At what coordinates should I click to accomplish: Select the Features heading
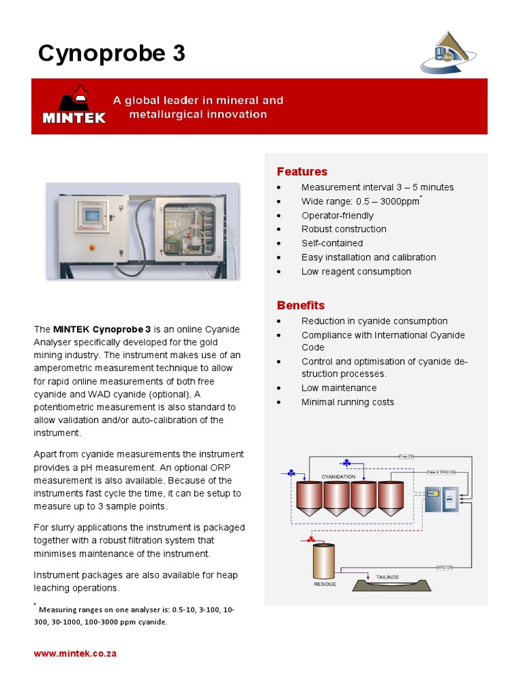[302, 172]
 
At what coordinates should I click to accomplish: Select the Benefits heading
[301, 305]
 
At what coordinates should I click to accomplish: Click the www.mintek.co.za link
[75, 654]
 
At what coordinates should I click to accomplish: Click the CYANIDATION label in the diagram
[339, 476]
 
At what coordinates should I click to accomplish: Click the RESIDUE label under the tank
[324, 584]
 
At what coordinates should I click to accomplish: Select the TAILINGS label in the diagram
[387, 577]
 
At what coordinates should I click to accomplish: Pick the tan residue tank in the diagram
[324, 560]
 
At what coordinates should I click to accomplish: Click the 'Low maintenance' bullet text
[339, 388]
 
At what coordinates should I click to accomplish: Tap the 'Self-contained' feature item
[332, 243]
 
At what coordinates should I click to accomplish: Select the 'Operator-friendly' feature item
[337, 216]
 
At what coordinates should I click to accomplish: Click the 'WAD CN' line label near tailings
[444, 567]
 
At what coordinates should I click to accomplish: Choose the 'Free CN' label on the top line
[407, 456]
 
